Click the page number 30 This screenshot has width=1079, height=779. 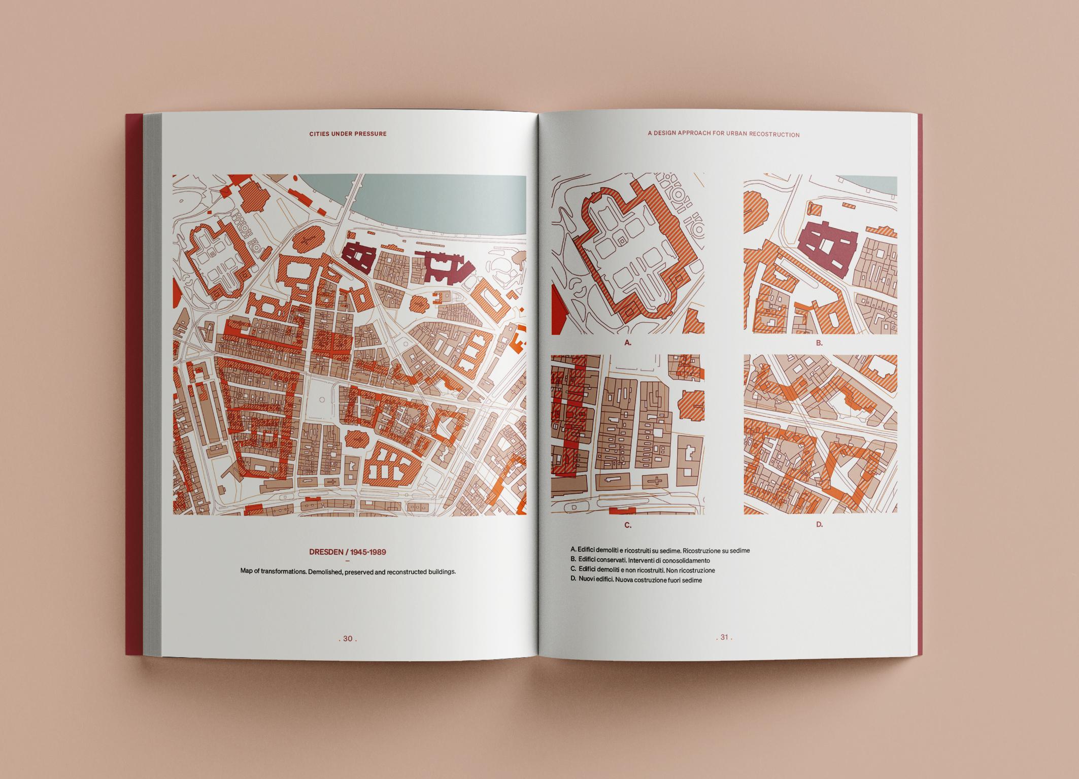(x=348, y=638)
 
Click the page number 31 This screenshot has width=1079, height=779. (x=724, y=637)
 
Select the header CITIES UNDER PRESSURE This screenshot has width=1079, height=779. (x=348, y=134)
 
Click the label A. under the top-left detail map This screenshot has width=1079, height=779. (x=628, y=343)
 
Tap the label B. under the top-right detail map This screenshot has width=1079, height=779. (x=819, y=343)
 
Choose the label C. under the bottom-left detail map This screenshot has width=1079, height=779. (x=628, y=525)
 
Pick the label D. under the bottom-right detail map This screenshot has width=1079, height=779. (x=819, y=525)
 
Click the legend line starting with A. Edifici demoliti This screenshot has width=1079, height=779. (x=660, y=550)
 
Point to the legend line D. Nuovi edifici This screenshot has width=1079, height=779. (x=636, y=580)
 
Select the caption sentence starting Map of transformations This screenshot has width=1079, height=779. (x=348, y=571)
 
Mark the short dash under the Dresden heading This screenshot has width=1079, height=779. (x=348, y=561)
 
